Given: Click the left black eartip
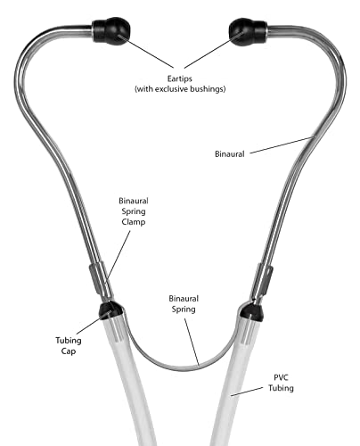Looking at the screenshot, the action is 111,31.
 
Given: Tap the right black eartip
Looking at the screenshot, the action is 248,32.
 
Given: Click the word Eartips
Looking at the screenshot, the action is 180,79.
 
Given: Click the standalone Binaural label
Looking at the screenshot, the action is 230,154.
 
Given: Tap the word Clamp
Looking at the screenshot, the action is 134,222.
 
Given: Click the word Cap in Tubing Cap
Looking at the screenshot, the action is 69,351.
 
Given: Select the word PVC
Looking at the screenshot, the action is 281,377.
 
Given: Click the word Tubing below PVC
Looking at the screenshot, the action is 281,388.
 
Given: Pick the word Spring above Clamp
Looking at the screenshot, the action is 134,211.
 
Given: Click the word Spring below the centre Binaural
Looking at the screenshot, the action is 184,310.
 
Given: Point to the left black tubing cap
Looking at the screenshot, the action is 110,310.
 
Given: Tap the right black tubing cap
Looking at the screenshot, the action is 251,312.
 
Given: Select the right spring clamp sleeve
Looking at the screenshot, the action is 265,279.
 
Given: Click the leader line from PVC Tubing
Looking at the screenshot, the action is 247,392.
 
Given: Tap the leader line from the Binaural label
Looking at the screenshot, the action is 282,145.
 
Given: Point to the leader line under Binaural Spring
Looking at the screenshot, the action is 192,342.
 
